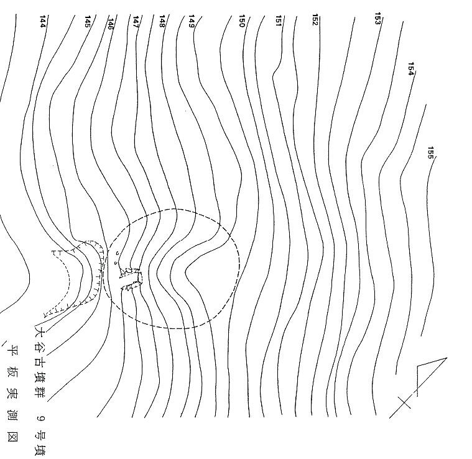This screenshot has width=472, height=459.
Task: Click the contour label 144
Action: pyautogui.click(x=43, y=21)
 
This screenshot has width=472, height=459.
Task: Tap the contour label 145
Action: pyautogui.click(x=87, y=21)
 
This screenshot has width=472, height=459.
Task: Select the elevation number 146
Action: pyautogui.click(x=111, y=24)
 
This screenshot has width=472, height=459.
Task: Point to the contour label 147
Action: pyautogui.click(x=136, y=22)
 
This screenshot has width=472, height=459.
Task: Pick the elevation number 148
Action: pyautogui.click(x=162, y=21)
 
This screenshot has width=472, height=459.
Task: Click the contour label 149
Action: pyautogui.click(x=192, y=21)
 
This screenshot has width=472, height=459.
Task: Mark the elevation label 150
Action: pyautogui.click(x=242, y=21)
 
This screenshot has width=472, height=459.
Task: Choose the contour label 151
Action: pyautogui.click(x=279, y=21)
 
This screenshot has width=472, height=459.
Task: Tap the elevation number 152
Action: pyautogui.click(x=315, y=19)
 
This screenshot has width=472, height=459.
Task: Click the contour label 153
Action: pyautogui.click(x=377, y=19)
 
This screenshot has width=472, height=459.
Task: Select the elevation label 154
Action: pyautogui.click(x=411, y=69)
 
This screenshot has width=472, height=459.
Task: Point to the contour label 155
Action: pyautogui.click(x=431, y=153)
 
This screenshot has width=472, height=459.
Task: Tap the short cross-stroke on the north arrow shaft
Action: pyautogui.click(x=404, y=402)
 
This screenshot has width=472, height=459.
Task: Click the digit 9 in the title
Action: pyautogui.click(x=40, y=418)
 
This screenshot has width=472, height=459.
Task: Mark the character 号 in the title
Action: pyautogui.click(x=40, y=435)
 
